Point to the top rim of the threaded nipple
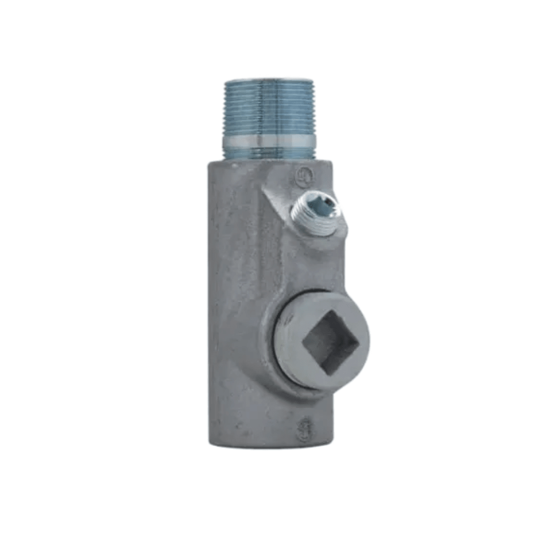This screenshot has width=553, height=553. point(269,80)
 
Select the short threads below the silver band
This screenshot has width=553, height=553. point(269,153)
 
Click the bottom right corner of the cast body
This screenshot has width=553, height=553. point(332,441)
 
